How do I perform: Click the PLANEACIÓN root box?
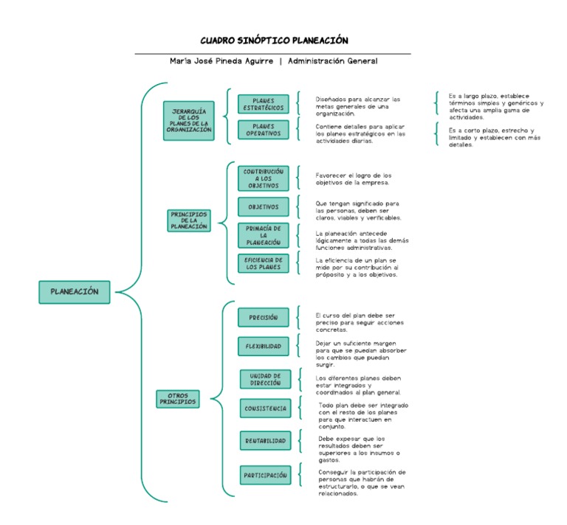(74, 292)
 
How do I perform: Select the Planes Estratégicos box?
(264, 104)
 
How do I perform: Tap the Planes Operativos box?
(264, 130)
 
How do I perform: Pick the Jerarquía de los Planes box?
(189, 121)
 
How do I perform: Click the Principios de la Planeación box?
(189, 220)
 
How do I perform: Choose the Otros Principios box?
(178, 399)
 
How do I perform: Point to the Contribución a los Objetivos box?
(264, 178)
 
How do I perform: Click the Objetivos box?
(264, 207)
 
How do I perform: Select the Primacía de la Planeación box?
(264, 235)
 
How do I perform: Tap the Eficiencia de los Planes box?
(264, 263)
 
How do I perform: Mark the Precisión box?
(264, 317)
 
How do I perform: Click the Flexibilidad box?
(264, 346)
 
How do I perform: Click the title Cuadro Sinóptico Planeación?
(274, 41)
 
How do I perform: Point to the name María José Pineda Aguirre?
(221, 61)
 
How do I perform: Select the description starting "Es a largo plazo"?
(495, 106)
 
